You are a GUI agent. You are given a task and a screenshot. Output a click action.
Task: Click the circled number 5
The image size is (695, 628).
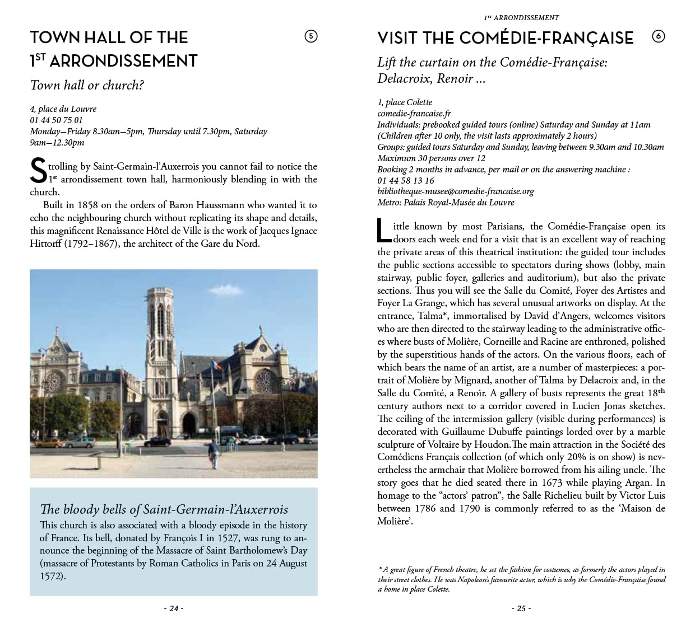pos(311,36)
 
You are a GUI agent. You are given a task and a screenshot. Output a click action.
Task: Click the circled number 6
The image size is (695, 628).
pos(658,36)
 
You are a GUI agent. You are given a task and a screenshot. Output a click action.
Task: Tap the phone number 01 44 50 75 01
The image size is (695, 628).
pos(56,120)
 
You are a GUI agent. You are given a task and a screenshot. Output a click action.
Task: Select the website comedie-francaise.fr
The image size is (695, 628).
pos(414,113)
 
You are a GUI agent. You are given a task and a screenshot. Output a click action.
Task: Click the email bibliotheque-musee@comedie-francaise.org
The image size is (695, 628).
pos(455,191)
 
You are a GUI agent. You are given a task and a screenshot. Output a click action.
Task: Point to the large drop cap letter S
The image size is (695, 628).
pos(38,171)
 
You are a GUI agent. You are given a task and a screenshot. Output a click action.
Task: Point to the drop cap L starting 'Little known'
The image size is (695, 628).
pos(384,231)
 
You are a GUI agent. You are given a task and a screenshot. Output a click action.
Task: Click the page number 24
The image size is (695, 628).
pos(174,608)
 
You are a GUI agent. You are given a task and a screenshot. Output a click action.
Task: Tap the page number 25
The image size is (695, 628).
pos(521,608)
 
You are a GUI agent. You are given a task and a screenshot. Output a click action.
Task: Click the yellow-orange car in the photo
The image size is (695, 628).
pos(52,442)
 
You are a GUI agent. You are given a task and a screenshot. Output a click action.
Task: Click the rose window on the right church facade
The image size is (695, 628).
pos(266,381)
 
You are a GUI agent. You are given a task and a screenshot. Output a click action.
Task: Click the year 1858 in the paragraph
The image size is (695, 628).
pos(87,205)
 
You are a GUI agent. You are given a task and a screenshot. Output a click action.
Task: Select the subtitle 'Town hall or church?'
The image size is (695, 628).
pos(87,85)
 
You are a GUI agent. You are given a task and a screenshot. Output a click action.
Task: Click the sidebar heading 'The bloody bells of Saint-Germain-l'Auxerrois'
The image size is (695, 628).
pos(164,509)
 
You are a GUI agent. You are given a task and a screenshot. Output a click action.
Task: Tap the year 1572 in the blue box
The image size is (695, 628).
pos(52,575)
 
